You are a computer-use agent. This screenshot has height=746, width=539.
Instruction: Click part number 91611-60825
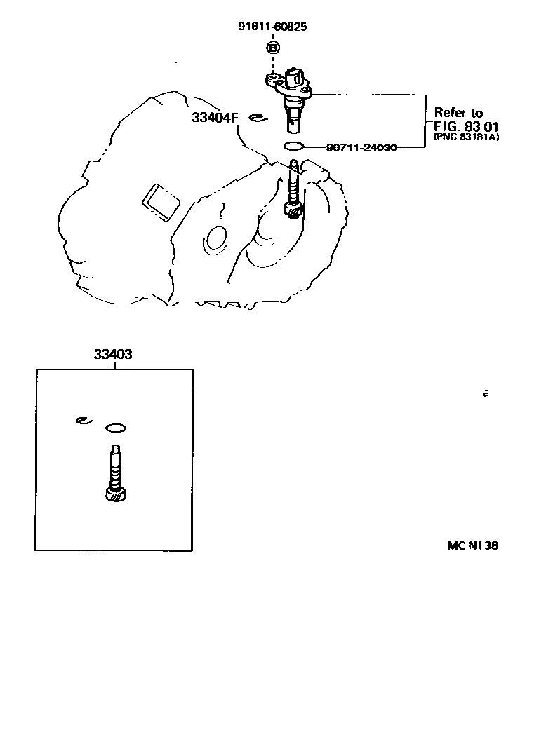tap(273, 27)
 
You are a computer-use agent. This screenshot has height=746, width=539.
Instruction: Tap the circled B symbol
tap(273, 48)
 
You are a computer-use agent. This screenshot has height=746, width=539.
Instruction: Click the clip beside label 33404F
tap(255, 117)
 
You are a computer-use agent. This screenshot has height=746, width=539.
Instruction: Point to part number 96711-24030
tap(361, 147)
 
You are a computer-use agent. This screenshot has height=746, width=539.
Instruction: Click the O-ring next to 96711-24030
tap(294, 147)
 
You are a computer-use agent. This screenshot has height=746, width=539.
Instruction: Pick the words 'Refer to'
tap(458, 112)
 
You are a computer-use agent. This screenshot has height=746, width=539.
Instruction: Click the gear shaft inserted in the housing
tap(294, 189)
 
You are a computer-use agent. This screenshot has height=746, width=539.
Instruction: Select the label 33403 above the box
tap(113, 355)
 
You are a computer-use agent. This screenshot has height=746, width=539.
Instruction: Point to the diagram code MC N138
tap(472, 545)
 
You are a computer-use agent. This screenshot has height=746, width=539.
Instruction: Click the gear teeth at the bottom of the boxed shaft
tap(115, 495)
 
